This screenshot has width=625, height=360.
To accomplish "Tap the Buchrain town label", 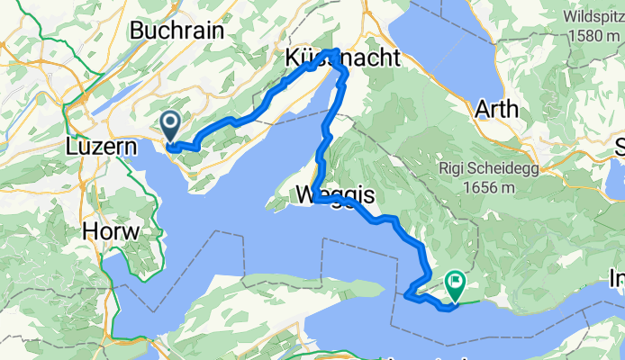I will point(177,30).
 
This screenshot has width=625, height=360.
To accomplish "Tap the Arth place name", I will point(496,110).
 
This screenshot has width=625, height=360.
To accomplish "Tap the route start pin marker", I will point(170,123).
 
